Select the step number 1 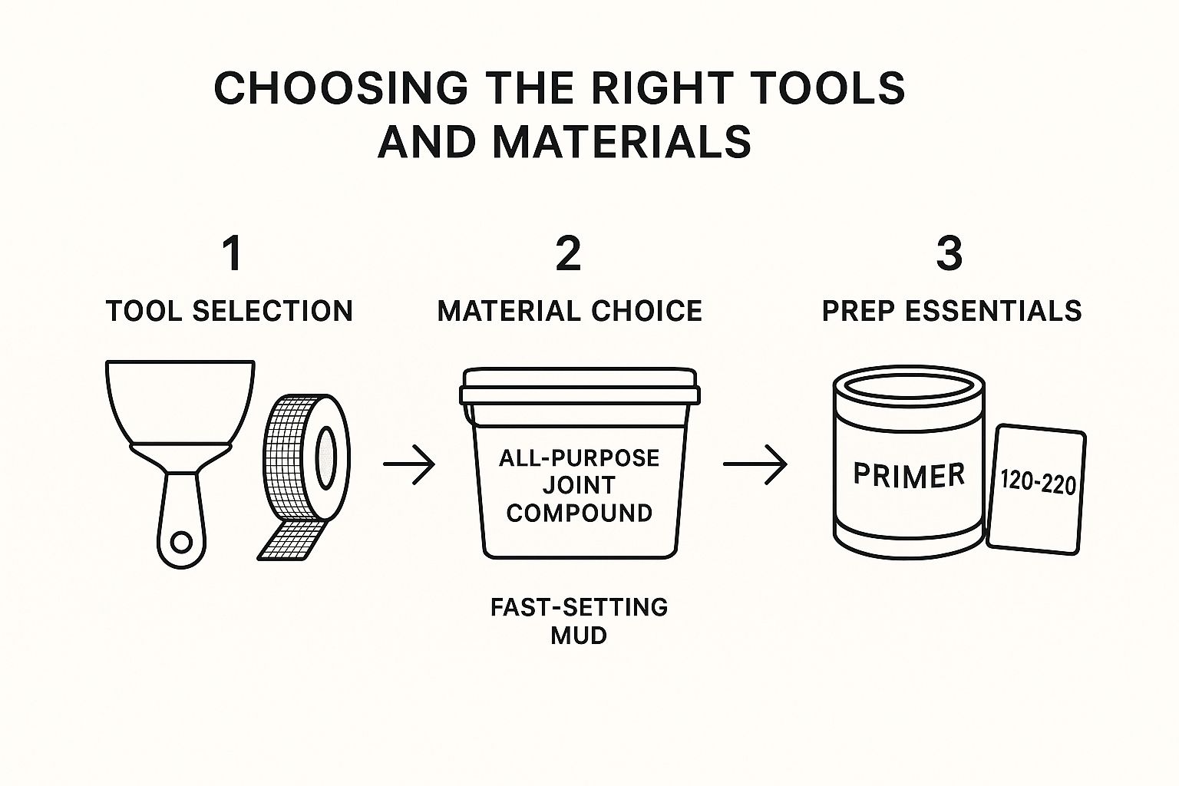pyautogui.click(x=232, y=254)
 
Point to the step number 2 pyautogui.click(x=568, y=254)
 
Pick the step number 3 pyautogui.click(x=949, y=254)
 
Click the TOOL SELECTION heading pyautogui.click(x=230, y=311)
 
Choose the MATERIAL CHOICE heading pyautogui.click(x=570, y=311)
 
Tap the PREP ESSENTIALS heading pyautogui.click(x=952, y=311)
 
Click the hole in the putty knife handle pyautogui.click(x=182, y=543)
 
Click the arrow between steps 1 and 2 pyautogui.click(x=409, y=464)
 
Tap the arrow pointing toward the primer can pyautogui.click(x=755, y=464)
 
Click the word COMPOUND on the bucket pyautogui.click(x=580, y=513)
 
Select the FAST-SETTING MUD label pyautogui.click(x=580, y=620)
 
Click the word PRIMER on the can pyautogui.click(x=909, y=475)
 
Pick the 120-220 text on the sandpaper pyautogui.click(x=1038, y=484)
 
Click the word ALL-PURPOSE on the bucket pyautogui.click(x=580, y=458)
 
